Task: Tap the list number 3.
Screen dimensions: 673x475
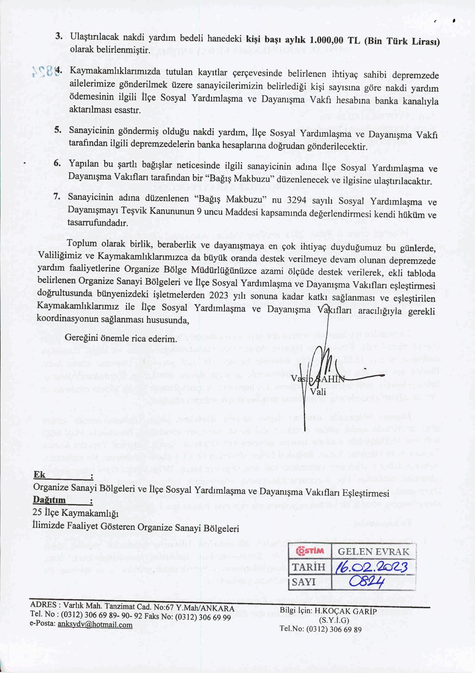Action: pyautogui.click(x=59, y=36)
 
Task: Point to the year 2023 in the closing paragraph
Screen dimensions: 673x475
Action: pyautogui.click(x=218, y=295)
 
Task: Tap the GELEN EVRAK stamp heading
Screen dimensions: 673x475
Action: pyautogui.click(x=373, y=551)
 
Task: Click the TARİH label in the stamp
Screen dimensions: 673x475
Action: pyautogui.click(x=308, y=567)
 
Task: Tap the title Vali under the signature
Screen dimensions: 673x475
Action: pyautogui.click(x=318, y=392)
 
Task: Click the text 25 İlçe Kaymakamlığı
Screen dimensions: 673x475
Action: pyautogui.click(x=76, y=512)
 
